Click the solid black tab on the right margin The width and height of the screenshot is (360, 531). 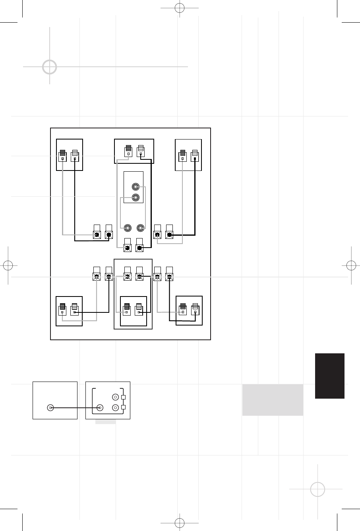[x=329, y=376]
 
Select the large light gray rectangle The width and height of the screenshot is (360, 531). [x=273, y=400]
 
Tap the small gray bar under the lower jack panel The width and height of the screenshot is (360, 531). [x=105, y=421]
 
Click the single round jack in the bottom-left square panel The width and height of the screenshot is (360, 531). [x=50, y=407]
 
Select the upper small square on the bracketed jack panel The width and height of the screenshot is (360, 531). [x=124, y=397]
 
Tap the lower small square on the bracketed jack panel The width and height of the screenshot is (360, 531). [x=124, y=407]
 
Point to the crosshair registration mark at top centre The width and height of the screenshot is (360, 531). [x=180, y=8]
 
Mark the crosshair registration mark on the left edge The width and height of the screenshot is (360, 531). [x=8, y=265]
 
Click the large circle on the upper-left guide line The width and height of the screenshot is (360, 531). [x=49, y=67]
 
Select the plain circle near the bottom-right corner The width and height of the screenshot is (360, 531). [x=317, y=489]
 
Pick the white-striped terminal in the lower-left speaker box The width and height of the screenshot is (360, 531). [x=74, y=309]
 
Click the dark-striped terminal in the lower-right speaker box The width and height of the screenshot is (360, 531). [x=183, y=309]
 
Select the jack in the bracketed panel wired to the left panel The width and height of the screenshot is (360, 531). [x=100, y=407]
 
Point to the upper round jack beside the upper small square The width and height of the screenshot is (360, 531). [x=115, y=397]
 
